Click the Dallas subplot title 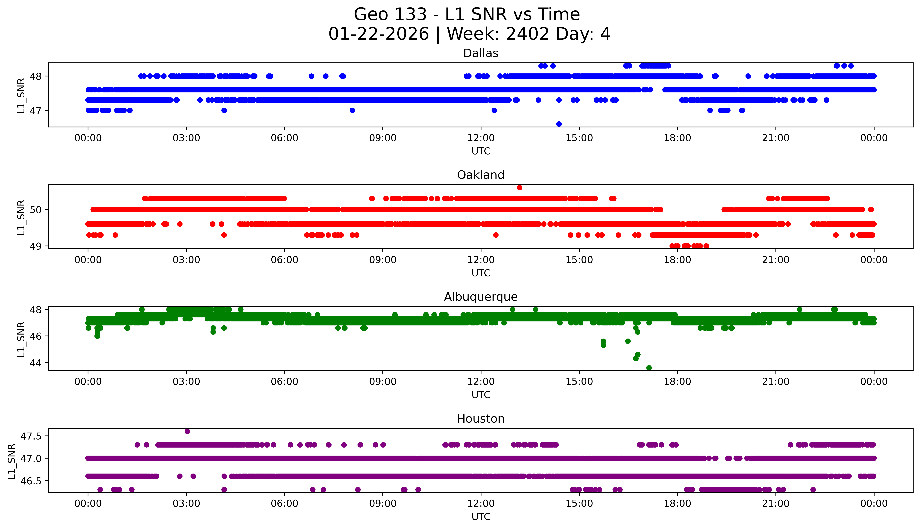pos(481,53)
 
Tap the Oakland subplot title pos(481,175)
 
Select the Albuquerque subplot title pos(481,297)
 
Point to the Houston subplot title pos(481,419)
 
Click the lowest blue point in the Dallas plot pos(559,124)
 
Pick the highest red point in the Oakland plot pos(520,187)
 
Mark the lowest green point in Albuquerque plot pos(649,368)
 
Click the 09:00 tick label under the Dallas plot pos(383,138)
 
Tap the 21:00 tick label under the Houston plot pos(775,504)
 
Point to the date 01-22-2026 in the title pos(379,34)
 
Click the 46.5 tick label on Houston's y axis pos(32,481)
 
